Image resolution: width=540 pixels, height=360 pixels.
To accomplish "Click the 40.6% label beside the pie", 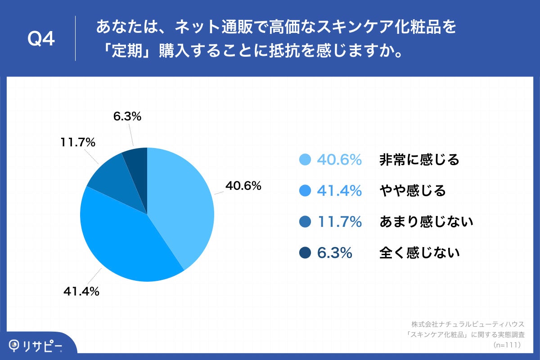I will (243, 185).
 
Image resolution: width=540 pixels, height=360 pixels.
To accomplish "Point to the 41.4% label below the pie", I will (81, 292).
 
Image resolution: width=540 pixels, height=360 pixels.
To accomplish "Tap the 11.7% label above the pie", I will (77, 143).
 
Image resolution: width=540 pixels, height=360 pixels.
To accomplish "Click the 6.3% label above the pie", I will (127, 117).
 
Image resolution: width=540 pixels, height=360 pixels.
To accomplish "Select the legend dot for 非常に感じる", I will (306, 160).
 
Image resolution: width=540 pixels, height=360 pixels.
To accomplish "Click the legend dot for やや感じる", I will (306, 191).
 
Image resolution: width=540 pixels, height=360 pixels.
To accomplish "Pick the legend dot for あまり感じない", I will (306, 222).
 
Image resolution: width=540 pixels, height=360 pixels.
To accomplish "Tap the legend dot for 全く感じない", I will (306, 253).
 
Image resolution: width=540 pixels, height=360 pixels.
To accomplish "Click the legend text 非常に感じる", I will (419, 160).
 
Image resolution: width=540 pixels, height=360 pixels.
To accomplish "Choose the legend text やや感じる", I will (412, 191).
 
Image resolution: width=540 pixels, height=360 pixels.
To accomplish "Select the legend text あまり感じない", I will (426, 222).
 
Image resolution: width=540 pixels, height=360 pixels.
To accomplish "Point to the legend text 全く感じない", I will (419, 253).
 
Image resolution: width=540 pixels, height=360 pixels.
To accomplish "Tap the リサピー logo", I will (36, 346).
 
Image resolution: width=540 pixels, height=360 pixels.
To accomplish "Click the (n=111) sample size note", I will (506, 345).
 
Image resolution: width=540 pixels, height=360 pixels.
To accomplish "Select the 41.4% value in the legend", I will (339, 191).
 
